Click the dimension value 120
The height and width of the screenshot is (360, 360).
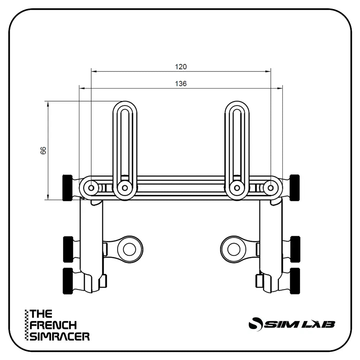181,67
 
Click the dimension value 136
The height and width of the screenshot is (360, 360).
181,84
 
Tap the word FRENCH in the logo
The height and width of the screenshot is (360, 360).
53,325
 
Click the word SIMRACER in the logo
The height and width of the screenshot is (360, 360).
60,337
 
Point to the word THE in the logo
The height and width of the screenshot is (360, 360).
41,314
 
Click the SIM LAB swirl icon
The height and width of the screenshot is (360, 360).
255,323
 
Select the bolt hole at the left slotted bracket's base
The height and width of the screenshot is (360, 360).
125,187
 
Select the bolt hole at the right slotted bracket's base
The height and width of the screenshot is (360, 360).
237,187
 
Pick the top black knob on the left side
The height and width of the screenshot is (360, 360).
68,188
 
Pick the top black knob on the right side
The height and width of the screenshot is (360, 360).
295,187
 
